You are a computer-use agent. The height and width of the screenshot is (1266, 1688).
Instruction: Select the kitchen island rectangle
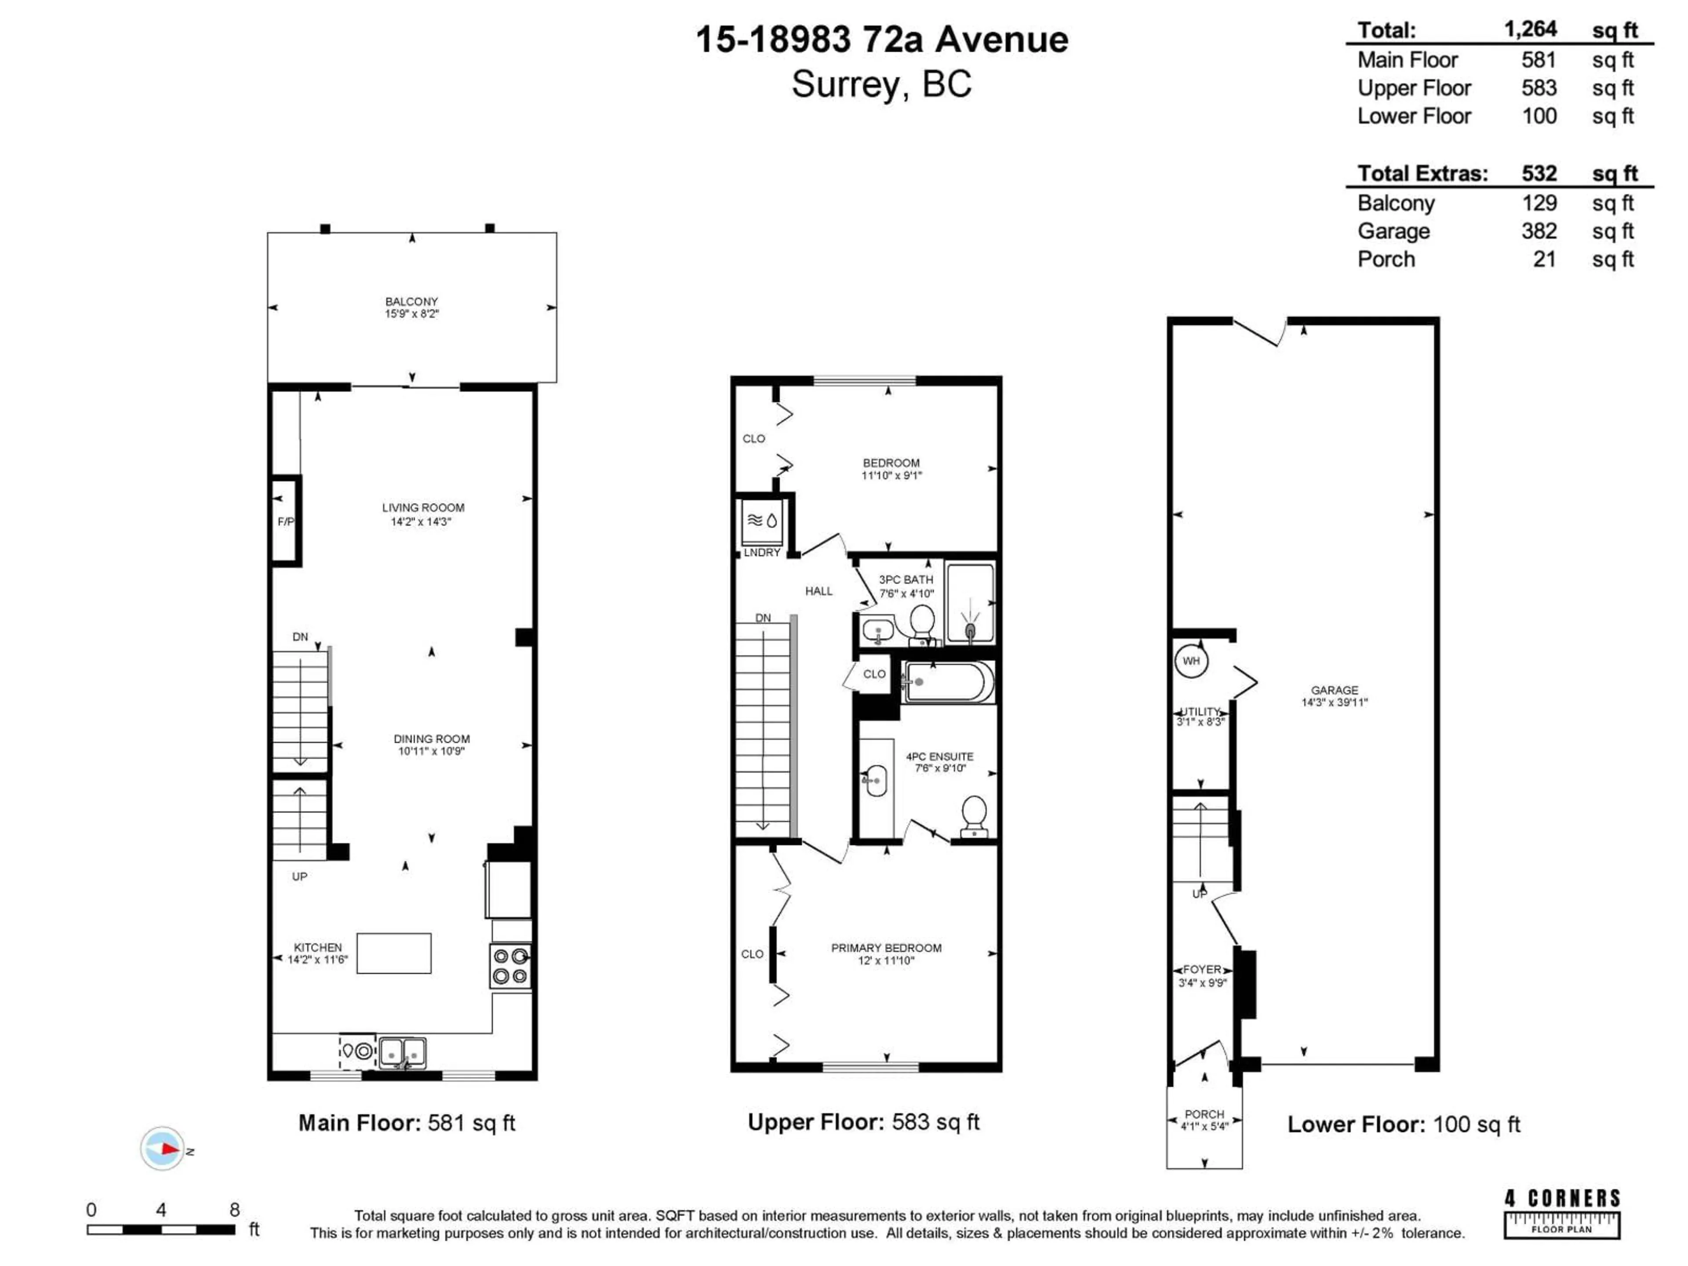(x=394, y=953)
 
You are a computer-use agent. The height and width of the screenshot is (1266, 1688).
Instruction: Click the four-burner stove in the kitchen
(x=510, y=966)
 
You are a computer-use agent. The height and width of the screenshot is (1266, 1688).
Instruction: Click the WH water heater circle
(x=1191, y=661)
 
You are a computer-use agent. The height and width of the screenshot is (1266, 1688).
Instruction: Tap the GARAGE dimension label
(x=1334, y=696)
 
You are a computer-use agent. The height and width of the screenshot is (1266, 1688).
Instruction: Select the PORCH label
(x=1204, y=1120)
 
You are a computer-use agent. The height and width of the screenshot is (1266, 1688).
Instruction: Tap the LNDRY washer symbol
(x=762, y=521)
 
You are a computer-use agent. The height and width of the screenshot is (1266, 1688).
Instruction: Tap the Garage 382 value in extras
(x=1539, y=231)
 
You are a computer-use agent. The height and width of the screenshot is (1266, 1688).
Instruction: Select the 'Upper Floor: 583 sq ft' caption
(x=863, y=1122)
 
